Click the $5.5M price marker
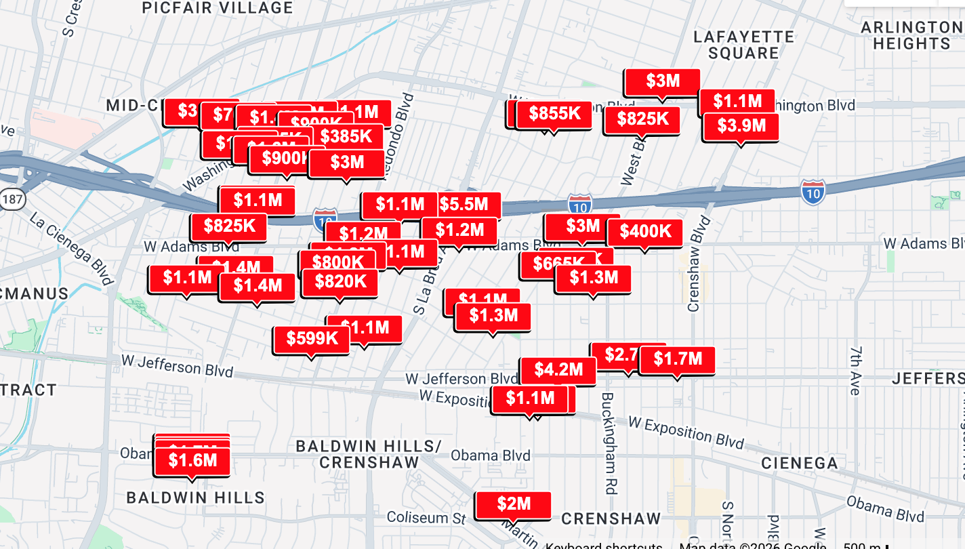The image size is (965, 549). pos(464,204)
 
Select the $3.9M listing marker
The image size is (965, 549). pos(741,126)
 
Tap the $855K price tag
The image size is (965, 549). pos(554,114)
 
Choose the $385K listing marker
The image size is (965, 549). pos(346,137)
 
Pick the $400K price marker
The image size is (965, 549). pos(645,232)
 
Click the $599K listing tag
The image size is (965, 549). pos(312,339)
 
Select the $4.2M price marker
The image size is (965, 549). pos(558,370)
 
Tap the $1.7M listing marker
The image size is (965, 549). pos(677,359)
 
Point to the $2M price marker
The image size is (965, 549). pos(513,504)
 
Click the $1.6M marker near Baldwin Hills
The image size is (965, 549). pos(192,461)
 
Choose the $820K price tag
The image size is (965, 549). pos(340,281)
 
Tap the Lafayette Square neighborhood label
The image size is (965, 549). pos(744,45)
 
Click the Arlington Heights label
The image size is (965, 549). pos(911,35)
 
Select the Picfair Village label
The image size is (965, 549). pos(218,8)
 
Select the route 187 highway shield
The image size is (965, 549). pos(12,199)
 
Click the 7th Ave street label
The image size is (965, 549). pos(855,369)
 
